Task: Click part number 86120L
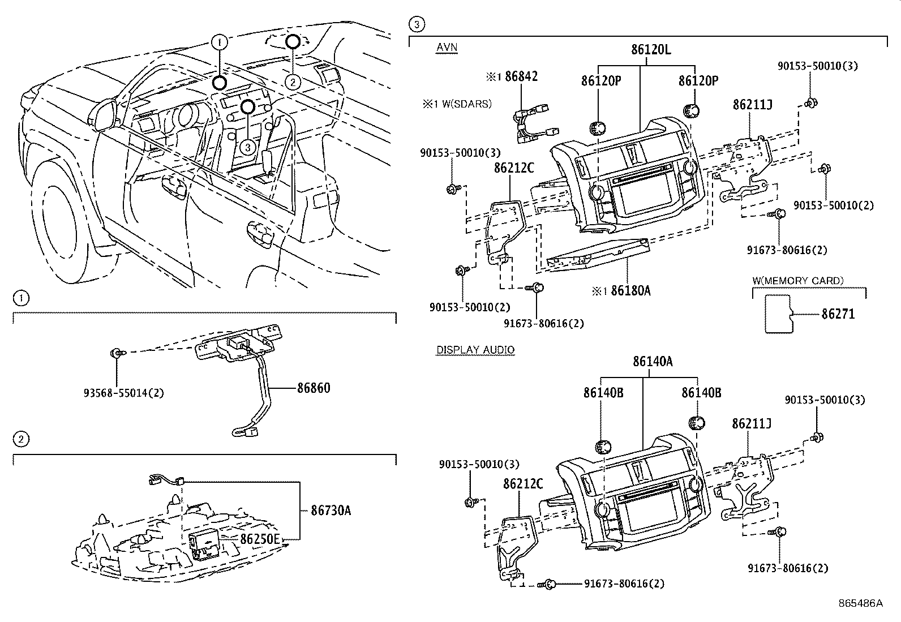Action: click(651, 49)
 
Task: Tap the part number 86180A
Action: click(630, 291)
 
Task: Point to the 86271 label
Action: click(838, 314)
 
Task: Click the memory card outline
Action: click(779, 314)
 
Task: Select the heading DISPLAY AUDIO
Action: click(475, 350)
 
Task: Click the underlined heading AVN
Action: click(447, 48)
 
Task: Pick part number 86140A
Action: click(653, 361)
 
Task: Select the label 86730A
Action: click(331, 511)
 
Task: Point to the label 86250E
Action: click(260, 539)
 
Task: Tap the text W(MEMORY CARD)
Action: click(798, 281)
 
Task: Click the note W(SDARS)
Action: click(464, 104)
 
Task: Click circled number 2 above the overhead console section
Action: click(20, 439)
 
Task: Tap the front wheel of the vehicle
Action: click(54, 221)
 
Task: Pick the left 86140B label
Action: click(603, 392)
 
